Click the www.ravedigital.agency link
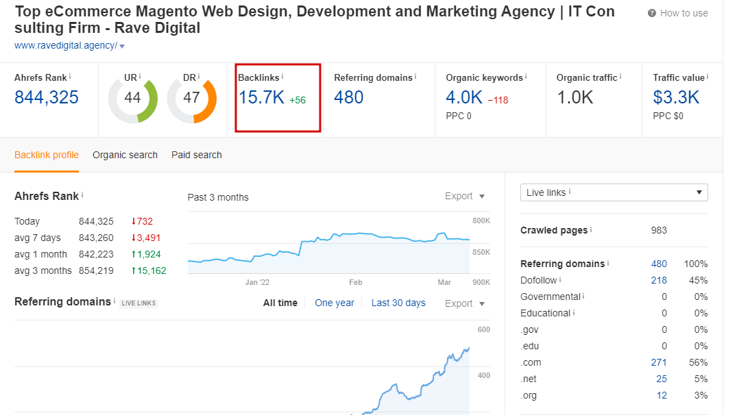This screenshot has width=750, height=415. coord(66,46)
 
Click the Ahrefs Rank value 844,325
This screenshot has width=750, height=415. coord(47,97)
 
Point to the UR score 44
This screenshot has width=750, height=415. coord(132,98)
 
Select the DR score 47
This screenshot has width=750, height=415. coord(191,98)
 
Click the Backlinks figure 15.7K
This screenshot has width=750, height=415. coord(261,97)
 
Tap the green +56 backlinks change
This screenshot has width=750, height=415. coord(298,100)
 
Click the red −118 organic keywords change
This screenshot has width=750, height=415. coord(498,100)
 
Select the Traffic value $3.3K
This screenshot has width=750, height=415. coord(676,97)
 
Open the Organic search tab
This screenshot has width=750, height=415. coord(125,155)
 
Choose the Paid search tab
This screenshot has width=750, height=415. coord(197,155)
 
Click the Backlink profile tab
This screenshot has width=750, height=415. coord(47,155)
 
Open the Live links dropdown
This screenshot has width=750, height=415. coord(614,192)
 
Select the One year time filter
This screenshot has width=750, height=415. coord(335,303)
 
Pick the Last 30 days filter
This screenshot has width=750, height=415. coord(398,303)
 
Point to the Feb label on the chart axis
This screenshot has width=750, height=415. coord(355,282)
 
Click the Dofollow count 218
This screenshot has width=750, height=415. coord(659,280)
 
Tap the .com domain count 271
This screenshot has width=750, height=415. coord(659,362)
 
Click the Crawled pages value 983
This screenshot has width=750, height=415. coord(659,230)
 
